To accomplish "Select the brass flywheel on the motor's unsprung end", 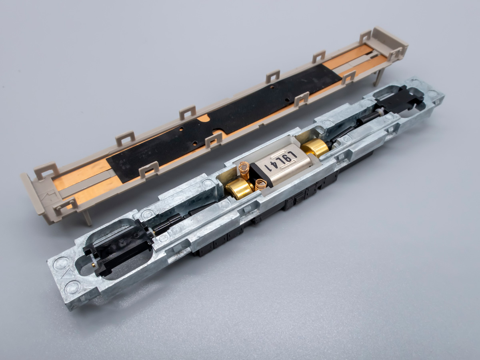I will click(x=315, y=148).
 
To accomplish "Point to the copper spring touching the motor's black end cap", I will click(x=260, y=184).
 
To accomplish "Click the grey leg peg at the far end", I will click(x=379, y=76).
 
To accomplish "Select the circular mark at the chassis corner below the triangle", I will click(x=73, y=287).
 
